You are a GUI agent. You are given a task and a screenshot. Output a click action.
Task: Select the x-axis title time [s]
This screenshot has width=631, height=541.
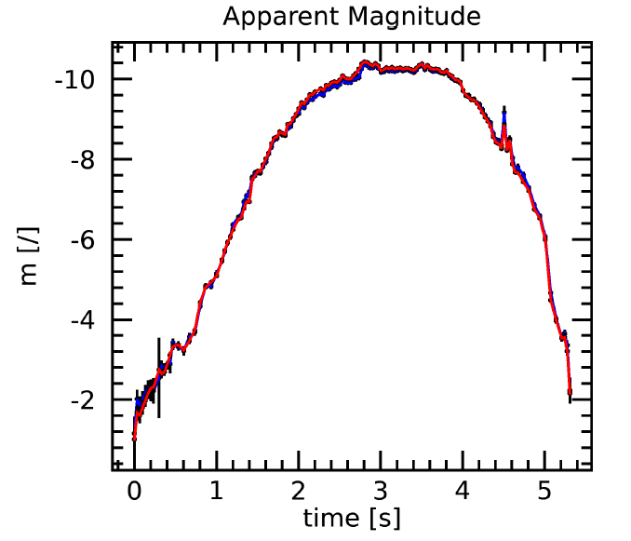tap(352, 518)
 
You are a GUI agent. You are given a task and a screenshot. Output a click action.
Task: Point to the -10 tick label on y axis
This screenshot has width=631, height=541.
tap(74, 79)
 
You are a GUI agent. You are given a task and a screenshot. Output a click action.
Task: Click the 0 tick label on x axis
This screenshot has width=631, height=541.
tap(134, 491)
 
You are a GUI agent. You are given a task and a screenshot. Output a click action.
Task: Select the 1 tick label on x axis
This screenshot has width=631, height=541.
tap(216, 491)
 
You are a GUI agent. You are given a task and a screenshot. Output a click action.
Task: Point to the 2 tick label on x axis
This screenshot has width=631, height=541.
tap(298, 491)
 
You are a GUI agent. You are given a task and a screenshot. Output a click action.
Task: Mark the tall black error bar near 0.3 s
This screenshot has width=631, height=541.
tap(159, 376)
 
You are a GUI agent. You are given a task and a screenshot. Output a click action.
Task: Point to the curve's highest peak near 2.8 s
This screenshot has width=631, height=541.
tap(366, 62)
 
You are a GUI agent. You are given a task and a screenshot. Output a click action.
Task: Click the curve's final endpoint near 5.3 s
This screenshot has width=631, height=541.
tap(570, 395)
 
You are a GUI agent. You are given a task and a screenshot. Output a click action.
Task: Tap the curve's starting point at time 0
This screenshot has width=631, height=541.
tap(134, 437)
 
